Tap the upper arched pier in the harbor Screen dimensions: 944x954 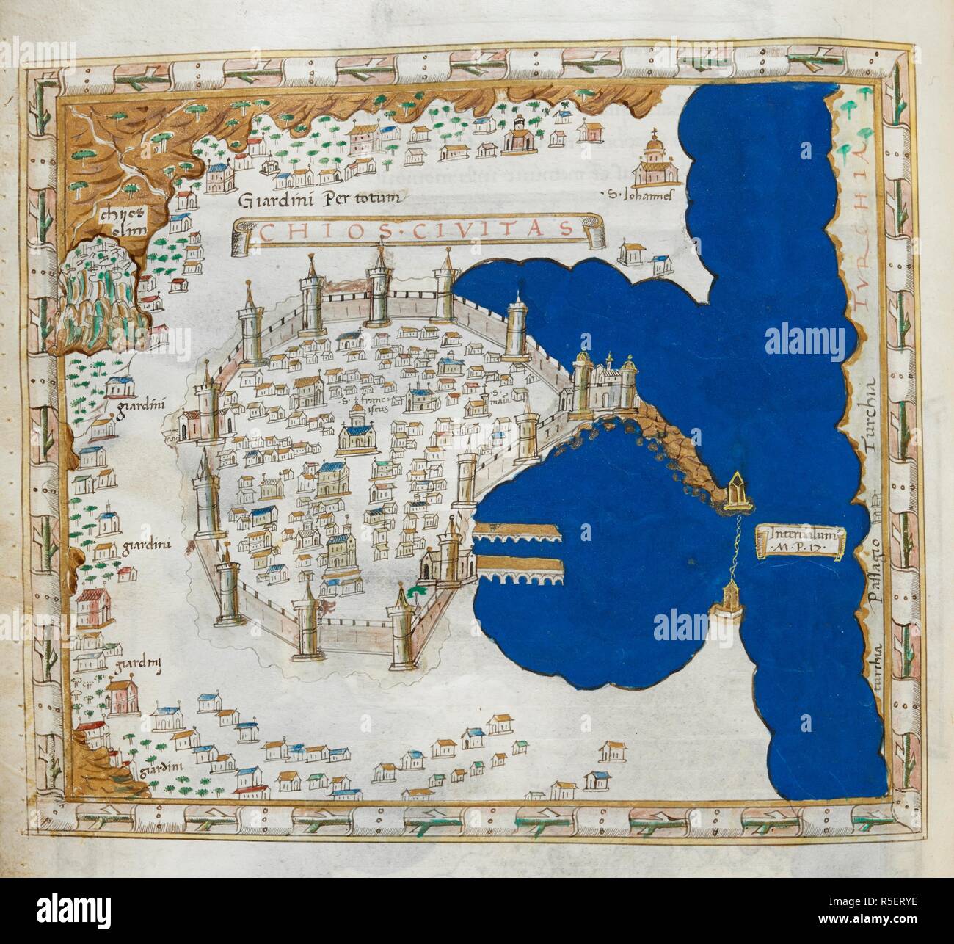518,534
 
